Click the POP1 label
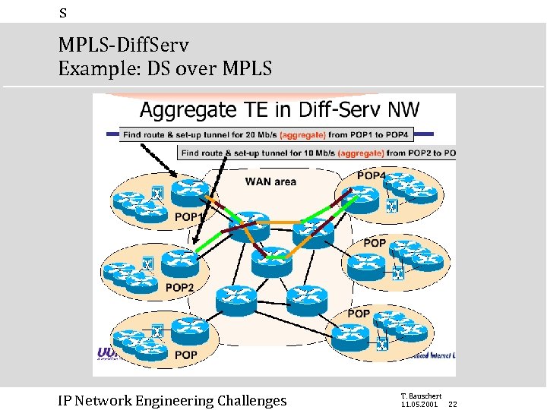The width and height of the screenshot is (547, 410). pos(188,218)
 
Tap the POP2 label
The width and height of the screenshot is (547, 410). pos(179,287)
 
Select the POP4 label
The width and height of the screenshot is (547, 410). pos(372,175)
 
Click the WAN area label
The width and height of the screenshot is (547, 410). pos(270,181)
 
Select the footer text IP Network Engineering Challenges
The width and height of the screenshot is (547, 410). pos(172,400)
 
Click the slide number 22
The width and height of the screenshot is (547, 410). pos(452,404)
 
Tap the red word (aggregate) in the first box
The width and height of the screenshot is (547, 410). pos(304,134)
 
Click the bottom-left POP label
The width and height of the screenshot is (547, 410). pos(185,355)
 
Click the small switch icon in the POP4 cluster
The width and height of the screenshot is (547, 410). pos(391,207)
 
